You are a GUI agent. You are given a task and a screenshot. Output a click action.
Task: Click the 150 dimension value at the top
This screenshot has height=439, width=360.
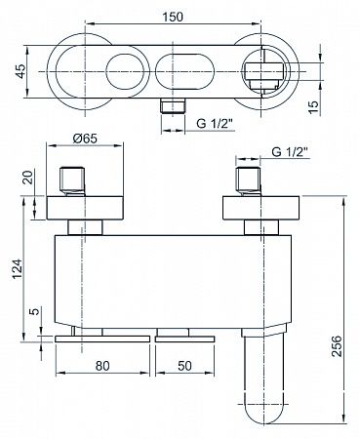tap(173, 17)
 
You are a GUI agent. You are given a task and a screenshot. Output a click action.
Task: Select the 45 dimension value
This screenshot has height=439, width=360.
tap(20, 71)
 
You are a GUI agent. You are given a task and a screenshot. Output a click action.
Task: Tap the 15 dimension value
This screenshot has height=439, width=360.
tap(313, 106)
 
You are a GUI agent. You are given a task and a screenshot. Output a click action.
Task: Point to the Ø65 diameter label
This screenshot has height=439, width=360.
tap(85, 139)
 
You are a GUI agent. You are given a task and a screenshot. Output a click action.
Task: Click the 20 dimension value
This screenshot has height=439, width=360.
tap(29, 178)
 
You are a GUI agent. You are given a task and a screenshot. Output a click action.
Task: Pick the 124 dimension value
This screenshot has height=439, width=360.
tap(17, 268)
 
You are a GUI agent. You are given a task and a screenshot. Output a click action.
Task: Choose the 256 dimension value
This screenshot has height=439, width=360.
tap(338, 345)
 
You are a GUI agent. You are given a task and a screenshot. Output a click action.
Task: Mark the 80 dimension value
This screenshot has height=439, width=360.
tap(102, 366)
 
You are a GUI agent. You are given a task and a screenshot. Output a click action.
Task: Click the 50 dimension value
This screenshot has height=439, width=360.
tap(184, 366)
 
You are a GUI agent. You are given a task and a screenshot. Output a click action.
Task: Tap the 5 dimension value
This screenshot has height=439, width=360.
tap(35, 311)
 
